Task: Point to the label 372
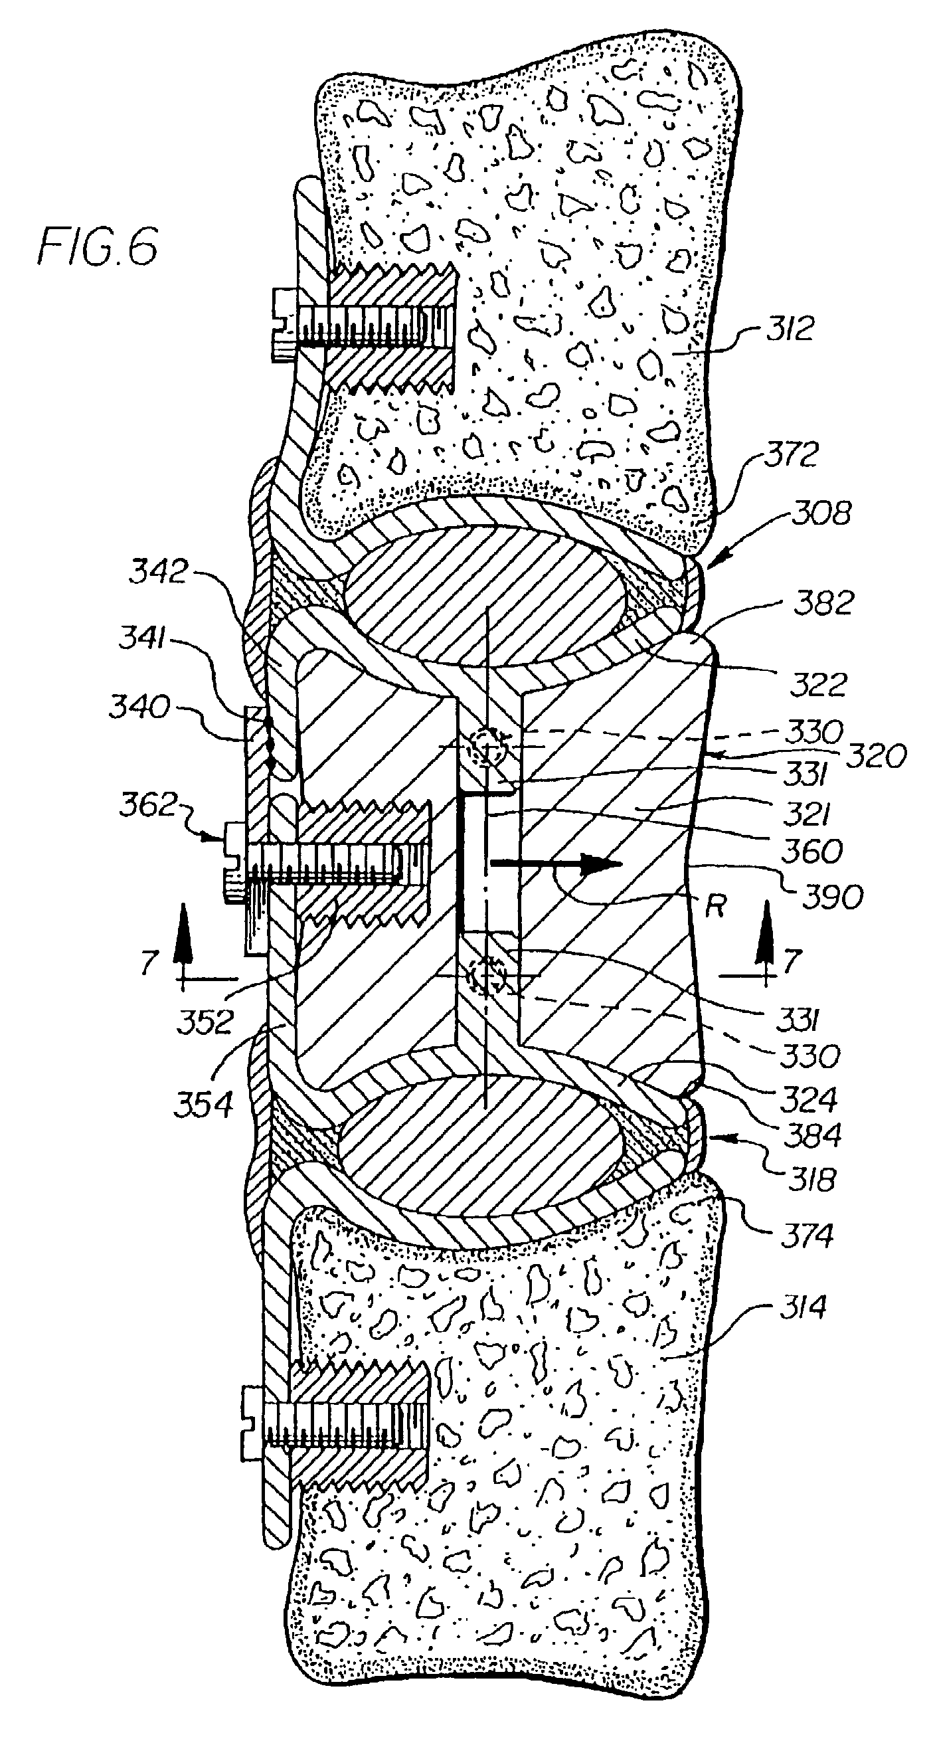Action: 792,455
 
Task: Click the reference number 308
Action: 822,513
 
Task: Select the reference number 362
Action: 147,806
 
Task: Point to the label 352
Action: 205,1022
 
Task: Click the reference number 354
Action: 203,1105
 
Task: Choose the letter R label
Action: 715,907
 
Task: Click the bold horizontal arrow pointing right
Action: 555,864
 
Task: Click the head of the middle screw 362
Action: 234,862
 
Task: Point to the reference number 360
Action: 813,850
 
